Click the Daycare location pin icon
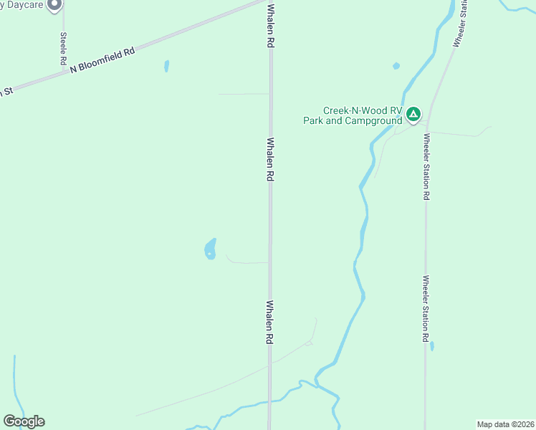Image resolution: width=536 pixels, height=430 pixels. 54,4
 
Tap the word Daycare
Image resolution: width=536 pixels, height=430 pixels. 21,4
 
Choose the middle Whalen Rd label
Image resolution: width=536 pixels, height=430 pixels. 271,159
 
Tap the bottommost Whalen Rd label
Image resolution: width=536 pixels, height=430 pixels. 270,322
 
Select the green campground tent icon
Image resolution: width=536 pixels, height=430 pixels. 413,114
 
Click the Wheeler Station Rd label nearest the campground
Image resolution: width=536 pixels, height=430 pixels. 426,166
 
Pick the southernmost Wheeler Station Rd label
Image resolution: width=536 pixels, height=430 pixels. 426,308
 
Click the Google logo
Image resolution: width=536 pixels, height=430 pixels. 24,421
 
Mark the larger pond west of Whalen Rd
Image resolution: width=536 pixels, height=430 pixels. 211,249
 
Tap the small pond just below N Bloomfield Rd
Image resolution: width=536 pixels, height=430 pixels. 167,66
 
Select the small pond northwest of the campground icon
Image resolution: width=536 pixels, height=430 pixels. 396,66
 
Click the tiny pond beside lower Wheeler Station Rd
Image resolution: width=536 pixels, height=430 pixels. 432,346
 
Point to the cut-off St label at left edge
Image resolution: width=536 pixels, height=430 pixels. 6,92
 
